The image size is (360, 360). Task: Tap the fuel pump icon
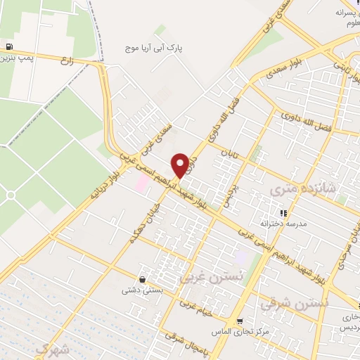(8, 47)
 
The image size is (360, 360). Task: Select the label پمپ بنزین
(18, 57)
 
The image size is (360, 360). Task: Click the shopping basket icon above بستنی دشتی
(143, 280)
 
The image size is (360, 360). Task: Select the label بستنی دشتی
(143, 290)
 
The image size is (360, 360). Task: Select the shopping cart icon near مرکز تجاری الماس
(240, 321)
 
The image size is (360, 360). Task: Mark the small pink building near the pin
(142, 183)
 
